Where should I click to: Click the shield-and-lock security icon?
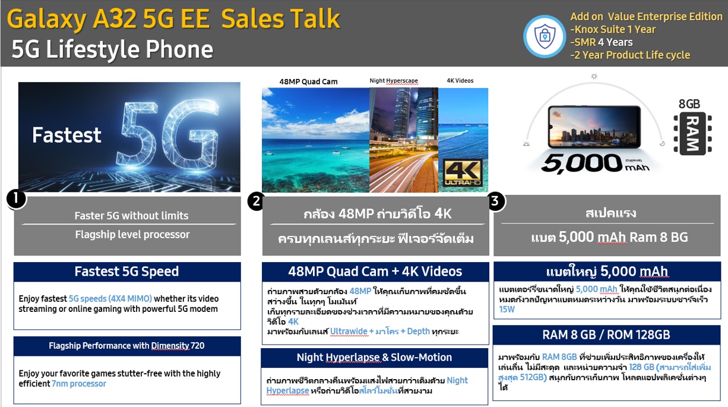coord(545,36)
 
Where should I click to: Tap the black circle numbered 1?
coord(17,199)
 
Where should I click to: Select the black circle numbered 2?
coord(257,201)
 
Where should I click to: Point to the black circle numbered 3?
coord(496,201)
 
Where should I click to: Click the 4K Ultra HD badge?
coord(463,173)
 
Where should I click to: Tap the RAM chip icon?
coord(692,133)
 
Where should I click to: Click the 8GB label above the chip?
coord(689,104)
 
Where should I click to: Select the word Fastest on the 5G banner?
coord(67,135)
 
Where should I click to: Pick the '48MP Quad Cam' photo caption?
coord(308,81)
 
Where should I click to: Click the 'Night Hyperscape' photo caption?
coord(394,81)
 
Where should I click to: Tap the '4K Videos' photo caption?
coord(460,81)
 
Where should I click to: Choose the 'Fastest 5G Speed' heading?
coord(126,272)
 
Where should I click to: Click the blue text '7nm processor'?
coord(79,384)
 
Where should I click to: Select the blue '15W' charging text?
coord(507,309)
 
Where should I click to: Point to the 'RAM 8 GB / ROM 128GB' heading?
coord(606,335)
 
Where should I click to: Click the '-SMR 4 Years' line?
coord(602,42)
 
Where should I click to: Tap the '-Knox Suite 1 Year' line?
coord(613,30)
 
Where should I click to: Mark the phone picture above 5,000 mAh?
coord(594,127)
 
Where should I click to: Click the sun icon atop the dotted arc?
coord(594,77)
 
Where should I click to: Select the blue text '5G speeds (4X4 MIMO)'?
coord(110,298)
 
